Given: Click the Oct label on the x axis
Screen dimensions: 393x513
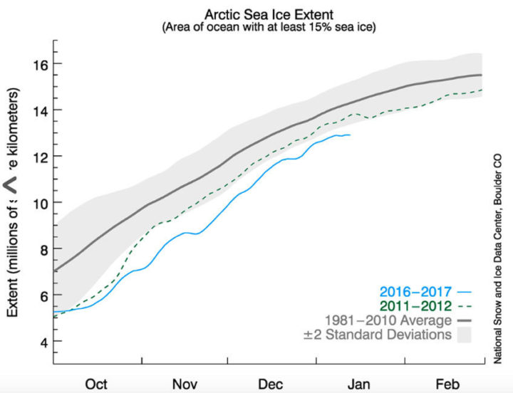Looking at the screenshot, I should [97, 384].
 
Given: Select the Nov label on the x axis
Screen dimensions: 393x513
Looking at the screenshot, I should [186, 384].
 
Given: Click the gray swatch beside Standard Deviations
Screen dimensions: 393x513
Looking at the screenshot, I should [465, 334].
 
